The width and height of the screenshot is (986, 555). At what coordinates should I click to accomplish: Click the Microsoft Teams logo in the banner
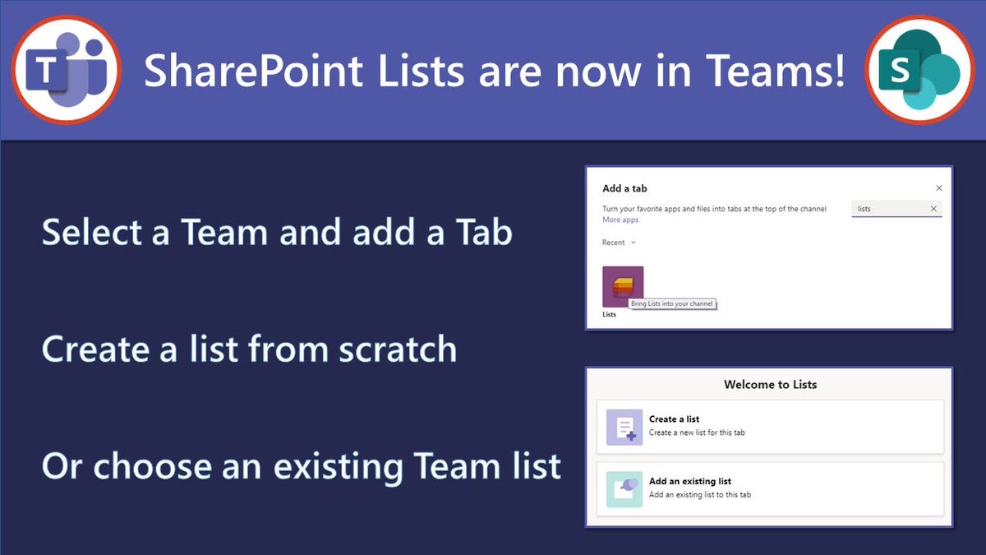coord(67,70)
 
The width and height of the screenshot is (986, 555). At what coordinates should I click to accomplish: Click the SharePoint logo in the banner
coord(919,70)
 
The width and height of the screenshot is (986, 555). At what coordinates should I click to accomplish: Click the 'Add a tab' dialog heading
coord(624,188)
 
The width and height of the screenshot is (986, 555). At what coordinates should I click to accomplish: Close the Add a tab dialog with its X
coord(939,188)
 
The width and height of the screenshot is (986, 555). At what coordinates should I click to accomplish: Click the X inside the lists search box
coord(933,209)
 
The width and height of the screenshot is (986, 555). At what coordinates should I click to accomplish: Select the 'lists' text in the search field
coord(864,209)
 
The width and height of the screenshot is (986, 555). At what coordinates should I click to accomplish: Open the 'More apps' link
coord(620,220)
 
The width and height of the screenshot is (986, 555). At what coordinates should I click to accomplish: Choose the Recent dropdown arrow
coord(634,243)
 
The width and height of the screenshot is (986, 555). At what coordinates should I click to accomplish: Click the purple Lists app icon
coord(623,286)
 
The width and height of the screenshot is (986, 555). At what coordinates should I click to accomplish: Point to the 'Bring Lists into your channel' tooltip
coord(672,303)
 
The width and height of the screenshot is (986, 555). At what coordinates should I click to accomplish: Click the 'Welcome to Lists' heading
coord(771,385)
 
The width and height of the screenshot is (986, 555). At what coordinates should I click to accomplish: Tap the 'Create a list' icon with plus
coord(624,428)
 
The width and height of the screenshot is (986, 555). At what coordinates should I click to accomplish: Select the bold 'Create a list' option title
coord(674,419)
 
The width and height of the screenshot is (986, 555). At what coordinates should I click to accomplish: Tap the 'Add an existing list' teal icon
coord(624,489)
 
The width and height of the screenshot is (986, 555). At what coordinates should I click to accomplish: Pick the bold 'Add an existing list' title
coord(689,482)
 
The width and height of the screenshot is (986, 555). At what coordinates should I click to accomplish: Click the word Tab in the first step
coord(484,232)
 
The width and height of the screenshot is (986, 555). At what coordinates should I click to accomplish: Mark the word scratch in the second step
coord(398,349)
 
